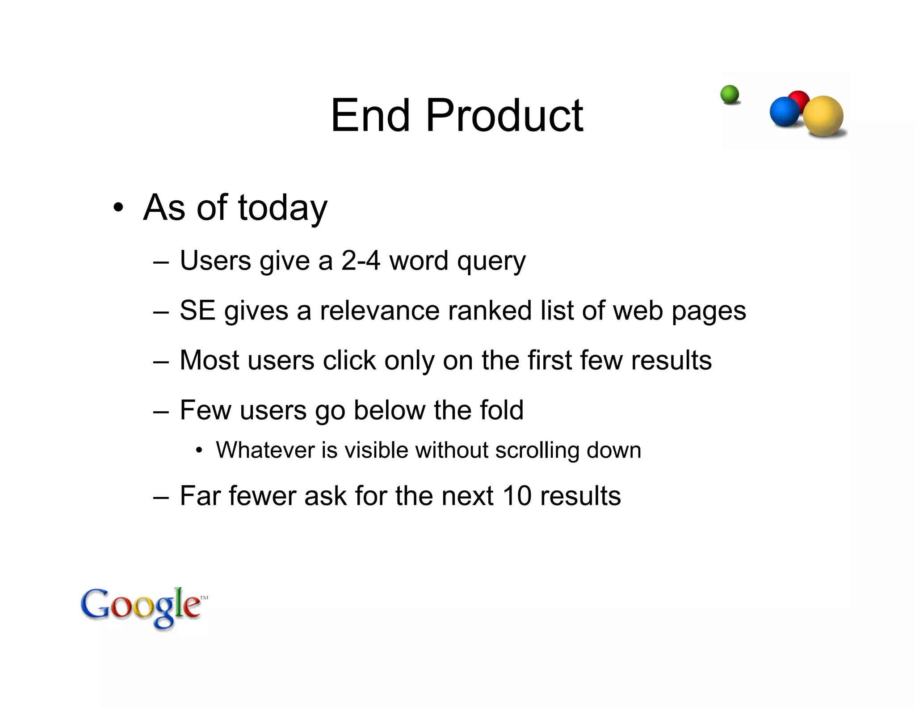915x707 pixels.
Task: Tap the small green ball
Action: (730, 94)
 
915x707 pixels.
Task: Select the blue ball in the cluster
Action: (784, 112)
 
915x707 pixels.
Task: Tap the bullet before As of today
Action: (118, 208)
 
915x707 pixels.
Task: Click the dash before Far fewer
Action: (161, 497)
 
